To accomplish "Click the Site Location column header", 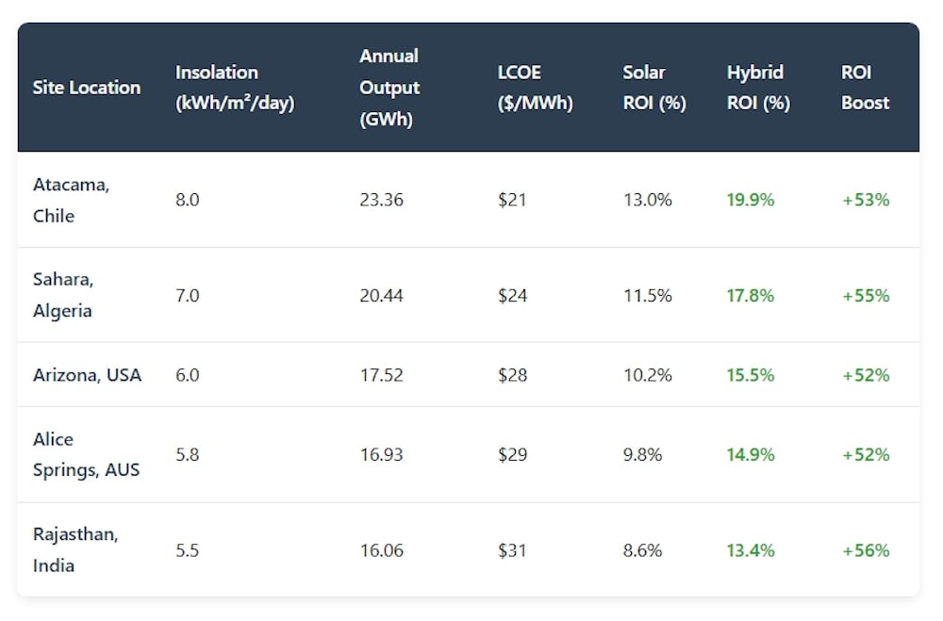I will [87, 88].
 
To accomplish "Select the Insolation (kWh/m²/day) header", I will [235, 88].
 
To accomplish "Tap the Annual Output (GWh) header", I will [389, 88].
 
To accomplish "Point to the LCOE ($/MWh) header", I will [535, 88].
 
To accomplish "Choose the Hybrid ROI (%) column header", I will [758, 88].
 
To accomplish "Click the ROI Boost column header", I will [866, 88].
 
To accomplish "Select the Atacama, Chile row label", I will [72, 200].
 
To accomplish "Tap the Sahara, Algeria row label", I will [63, 295].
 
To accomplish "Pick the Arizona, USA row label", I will [87, 375].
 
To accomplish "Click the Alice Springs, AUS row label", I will [86, 454].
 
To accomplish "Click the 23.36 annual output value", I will [381, 200].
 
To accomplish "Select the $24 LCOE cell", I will [512, 295].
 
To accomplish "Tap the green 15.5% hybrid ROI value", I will [751, 375].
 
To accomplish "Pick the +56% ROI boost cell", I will [866, 549].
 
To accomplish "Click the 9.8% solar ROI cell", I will [643, 454].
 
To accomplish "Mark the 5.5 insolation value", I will [187, 549].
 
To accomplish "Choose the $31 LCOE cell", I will [512, 549].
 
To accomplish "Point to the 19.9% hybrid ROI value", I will [751, 200].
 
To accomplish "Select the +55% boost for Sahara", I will [866, 295].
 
